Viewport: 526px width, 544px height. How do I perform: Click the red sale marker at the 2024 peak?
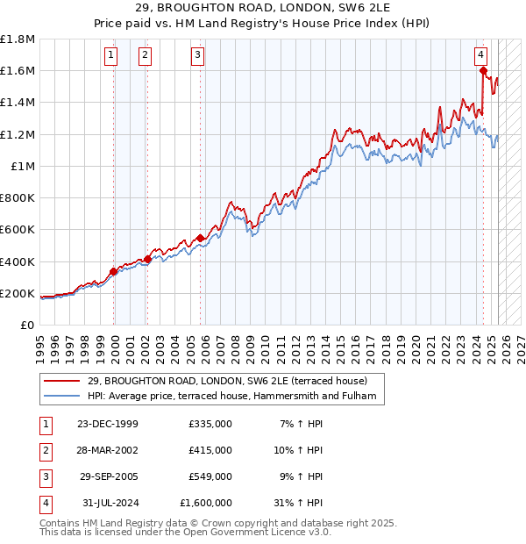click(x=483, y=71)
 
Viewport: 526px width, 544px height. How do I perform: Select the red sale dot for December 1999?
click(x=114, y=271)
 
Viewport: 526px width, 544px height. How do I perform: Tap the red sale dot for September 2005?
click(x=201, y=238)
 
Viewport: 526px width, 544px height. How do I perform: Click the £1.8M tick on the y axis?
click(x=18, y=39)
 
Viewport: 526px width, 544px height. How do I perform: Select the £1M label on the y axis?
click(x=23, y=166)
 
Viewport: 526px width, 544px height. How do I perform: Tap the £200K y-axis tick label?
click(x=18, y=293)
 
